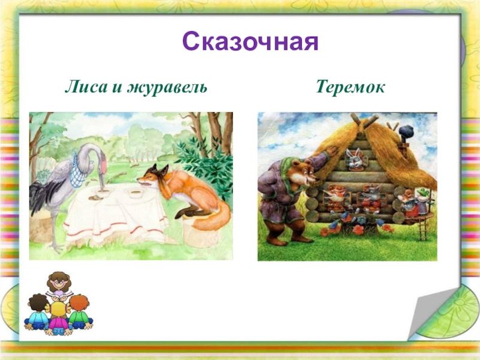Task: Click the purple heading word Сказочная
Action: pos(250,41)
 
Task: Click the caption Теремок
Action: pos(350,87)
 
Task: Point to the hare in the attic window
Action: pos(356,158)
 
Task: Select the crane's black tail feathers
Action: pos(38,196)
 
